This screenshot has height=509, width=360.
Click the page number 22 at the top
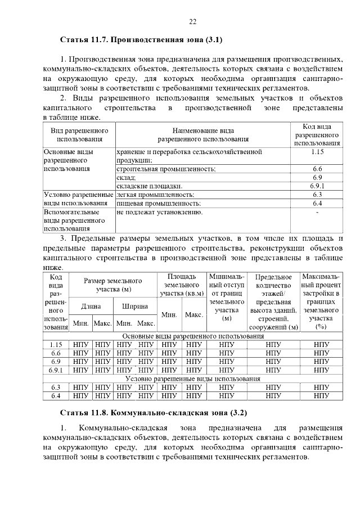coord(192,21)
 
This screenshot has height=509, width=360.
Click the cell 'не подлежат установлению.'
coord(160,212)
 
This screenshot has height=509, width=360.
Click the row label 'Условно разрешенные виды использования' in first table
coord(79,199)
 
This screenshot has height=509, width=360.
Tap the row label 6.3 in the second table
coord(56,388)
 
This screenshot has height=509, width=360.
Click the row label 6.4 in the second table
coord(56,396)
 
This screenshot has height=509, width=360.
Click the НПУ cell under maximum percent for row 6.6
coord(322,353)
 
